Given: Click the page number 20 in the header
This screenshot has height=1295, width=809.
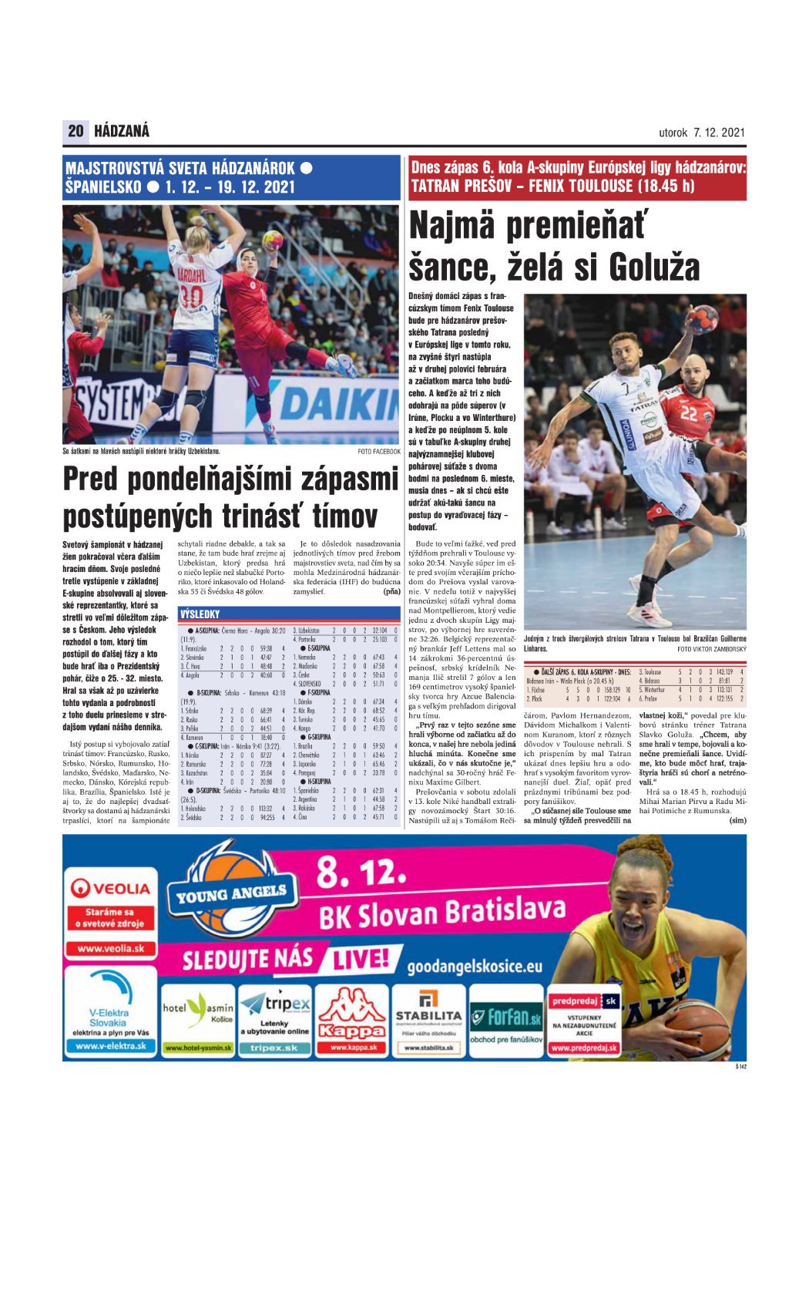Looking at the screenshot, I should pos(76,131).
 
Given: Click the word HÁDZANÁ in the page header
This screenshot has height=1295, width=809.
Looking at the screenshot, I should pos(122,131).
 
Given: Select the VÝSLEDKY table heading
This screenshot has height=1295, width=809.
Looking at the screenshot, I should pos(200,614).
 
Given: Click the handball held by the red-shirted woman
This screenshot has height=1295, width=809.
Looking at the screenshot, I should pos(272,240).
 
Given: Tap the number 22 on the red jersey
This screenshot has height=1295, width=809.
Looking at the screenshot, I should pos(688,414).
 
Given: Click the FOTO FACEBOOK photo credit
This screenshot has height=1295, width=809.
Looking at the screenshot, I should pos(379,452).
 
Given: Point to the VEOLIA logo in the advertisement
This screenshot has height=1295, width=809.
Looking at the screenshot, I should pos(111,888).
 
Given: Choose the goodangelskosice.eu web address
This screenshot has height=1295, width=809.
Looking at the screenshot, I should pos(475,966).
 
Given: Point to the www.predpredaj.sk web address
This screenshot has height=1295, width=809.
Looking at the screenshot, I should pos(584,1048).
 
